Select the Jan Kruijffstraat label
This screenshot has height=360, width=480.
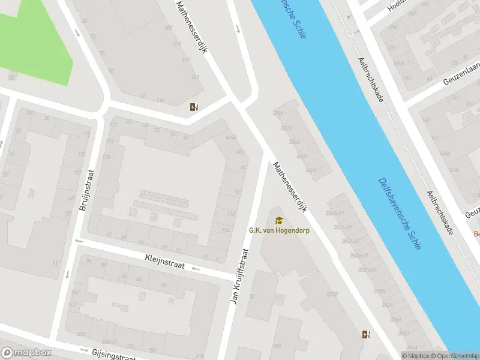point(240,275)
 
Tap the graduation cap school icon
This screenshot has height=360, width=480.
point(278,220)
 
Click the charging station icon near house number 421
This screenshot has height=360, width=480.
point(193,107)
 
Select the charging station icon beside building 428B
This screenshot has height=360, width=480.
point(365,334)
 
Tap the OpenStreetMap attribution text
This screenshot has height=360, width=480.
point(454,356)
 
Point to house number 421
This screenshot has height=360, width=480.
point(194,77)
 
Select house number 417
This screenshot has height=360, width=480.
point(186,60)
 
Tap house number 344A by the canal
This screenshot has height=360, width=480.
point(310,170)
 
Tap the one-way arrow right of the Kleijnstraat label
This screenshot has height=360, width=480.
point(195,268)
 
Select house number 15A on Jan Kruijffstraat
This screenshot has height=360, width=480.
point(226,230)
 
